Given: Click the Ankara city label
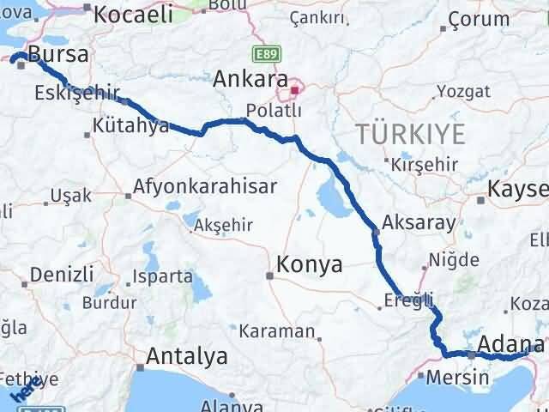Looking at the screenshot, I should click(250, 80).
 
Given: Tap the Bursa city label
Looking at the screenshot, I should click(57, 56).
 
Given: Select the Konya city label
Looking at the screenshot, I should click(310, 265).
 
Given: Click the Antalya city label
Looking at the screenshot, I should click(187, 355).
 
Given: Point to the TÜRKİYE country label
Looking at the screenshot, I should click(412, 134).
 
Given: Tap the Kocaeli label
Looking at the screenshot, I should click(133, 14).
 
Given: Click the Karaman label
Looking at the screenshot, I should click(276, 331).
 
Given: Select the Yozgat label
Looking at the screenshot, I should click(463, 90).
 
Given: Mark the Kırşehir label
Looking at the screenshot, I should click(419, 163).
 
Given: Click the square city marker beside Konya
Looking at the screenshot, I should click(270, 276).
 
